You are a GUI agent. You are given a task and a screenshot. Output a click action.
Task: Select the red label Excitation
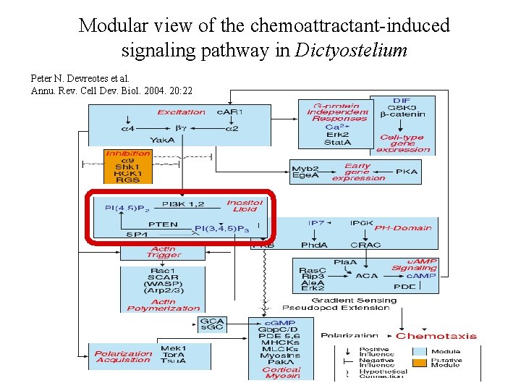click(x=181, y=112)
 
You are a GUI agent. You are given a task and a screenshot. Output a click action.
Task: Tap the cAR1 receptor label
click(x=230, y=112)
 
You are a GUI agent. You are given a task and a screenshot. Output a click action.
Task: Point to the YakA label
click(x=161, y=140)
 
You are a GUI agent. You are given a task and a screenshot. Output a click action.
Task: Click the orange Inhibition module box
click(x=128, y=167)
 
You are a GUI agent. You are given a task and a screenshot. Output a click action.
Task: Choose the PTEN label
click(x=163, y=224)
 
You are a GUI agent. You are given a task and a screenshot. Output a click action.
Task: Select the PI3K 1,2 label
click(x=183, y=204)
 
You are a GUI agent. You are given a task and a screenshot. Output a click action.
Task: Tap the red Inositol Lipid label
click(x=245, y=206)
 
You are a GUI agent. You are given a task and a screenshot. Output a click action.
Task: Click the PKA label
click(x=406, y=172)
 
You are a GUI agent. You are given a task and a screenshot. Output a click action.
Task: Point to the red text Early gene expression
click(x=357, y=172)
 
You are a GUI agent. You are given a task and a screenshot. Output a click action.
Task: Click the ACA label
click(x=367, y=275)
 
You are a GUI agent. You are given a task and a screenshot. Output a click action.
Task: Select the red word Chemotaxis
click(x=436, y=336)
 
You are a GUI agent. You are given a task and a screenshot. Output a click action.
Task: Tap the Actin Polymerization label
click(x=163, y=304)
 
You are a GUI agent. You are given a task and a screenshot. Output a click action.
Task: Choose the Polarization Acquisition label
click(x=123, y=357)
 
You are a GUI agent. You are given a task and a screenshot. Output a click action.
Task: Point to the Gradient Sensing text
click(x=354, y=300)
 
